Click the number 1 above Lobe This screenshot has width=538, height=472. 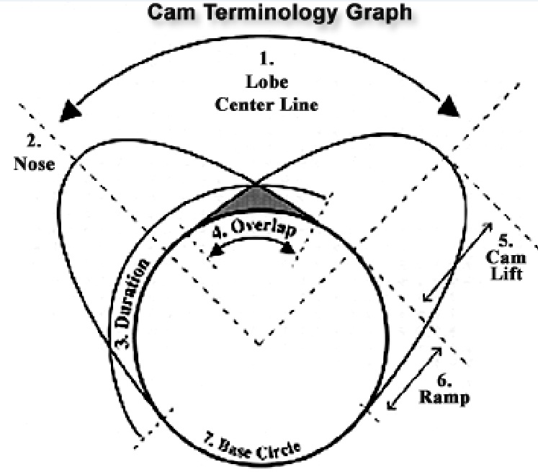click(x=266, y=58)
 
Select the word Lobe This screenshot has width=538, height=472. click(x=267, y=82)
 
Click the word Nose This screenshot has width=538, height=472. click(x=35, y=164)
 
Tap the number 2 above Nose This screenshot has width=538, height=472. click(x=34, y=141)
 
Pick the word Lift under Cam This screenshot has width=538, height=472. click(x=506, y=275)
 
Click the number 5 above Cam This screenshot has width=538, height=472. click(x=506, y=241)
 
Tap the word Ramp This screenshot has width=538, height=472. click(x=444, y=398)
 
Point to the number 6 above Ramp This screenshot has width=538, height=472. click(x=444, y=380)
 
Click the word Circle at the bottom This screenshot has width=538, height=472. click(x=279, y=450)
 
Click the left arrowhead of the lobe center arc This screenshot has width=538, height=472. click(x=70, y=110)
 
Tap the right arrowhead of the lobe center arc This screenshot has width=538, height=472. click(x=449, y=106)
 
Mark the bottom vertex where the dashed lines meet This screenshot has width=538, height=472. click(x=259, y=343)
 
